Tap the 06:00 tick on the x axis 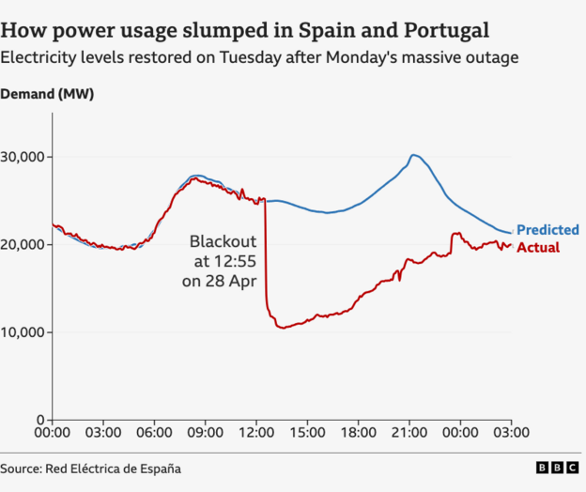[x=154, y=434]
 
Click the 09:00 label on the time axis [x=205, y=434]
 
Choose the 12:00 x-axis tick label [x=255, y=434]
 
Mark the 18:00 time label [x=358, y=434]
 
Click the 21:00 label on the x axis [x=409, y=434]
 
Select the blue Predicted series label [x=547, y=230]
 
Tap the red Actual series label [x=538, y=248]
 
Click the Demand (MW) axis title [x=47, y=94]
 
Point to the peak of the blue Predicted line [x=412, y=155]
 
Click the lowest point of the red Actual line [x=280, y=328]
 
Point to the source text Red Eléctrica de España [x=117, y=468]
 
